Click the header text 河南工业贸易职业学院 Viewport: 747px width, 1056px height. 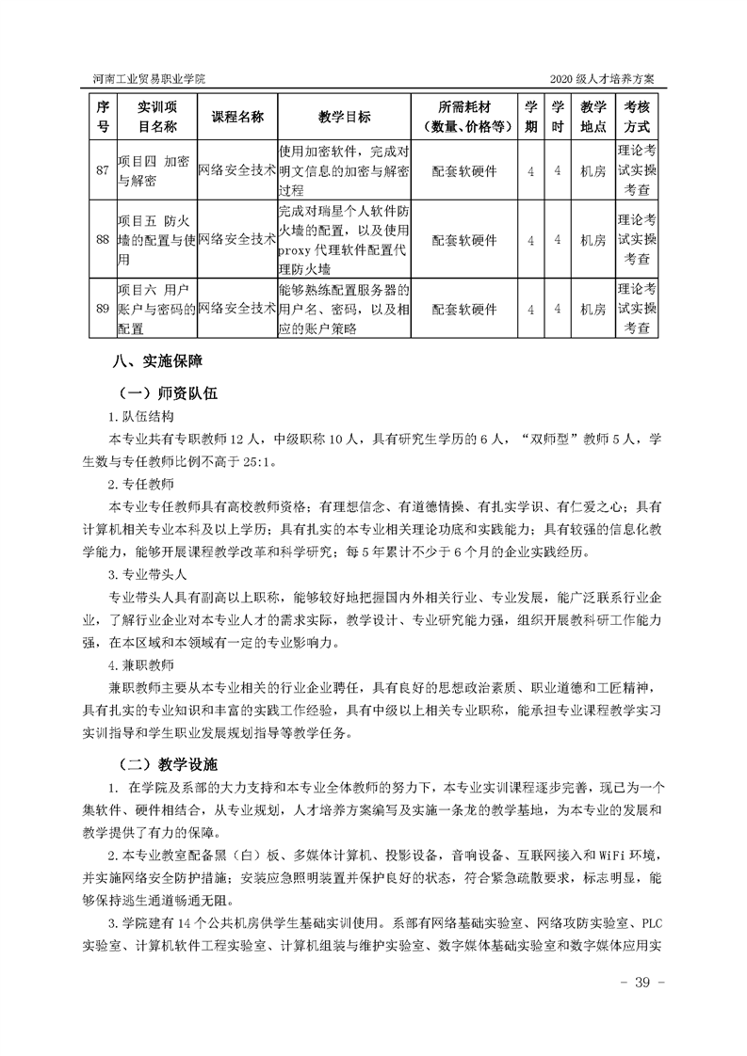click(x=150, y=78)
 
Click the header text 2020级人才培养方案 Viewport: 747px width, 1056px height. click(x=606, y=78)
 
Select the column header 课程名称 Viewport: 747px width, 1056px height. click(x=237, y=117)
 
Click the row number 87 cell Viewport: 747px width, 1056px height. click(x=104, y=170)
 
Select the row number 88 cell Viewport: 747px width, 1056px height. click(x=104, y=239)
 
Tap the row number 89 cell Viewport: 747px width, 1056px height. click(x=104, y=308)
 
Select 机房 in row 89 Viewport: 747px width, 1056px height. click(x=593, y=308)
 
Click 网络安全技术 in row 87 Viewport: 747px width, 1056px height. click(x=237, y=170)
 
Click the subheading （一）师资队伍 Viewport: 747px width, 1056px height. click(x=167, y=393)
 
